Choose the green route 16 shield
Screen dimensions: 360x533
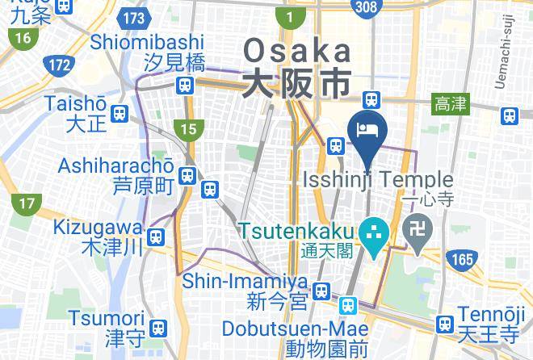point(22,37)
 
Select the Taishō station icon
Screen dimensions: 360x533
point(120,114)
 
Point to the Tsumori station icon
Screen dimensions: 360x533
point(159,327)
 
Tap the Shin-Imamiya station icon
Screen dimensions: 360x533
point(321,290)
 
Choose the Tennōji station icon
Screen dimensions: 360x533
point(443,324)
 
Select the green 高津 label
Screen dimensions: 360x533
point(451,103)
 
